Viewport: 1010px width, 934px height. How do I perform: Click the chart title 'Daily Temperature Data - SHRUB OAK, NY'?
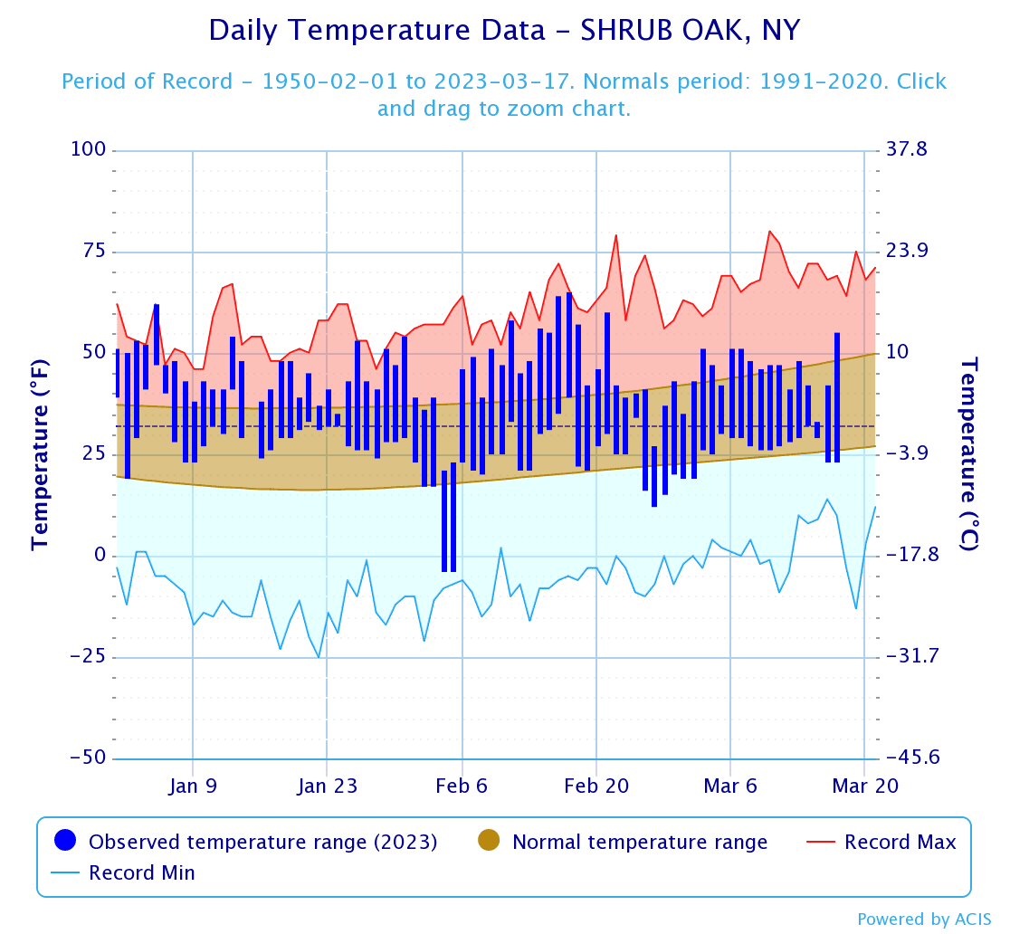tap(504, 31)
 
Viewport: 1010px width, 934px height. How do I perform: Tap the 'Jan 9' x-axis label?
tap(193, 786)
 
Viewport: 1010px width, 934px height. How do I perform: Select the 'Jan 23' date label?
tap(327, 786)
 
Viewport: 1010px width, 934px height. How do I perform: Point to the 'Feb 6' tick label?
tap(462, 786)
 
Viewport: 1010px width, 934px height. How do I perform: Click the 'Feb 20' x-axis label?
tap(596, 786)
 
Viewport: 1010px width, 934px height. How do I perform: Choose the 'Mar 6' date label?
tap(730, 786)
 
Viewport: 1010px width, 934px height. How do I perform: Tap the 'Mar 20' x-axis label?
tap(864, 786)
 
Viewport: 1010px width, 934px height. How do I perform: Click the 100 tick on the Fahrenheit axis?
tap(88, 149)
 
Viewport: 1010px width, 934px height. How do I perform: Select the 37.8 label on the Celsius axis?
tap(906, 149)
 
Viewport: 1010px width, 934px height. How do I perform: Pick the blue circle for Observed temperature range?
tap(64, 841)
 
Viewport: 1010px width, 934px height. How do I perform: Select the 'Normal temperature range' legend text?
tap(639, 842)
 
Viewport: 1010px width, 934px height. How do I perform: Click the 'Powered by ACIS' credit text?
tap(924, 920)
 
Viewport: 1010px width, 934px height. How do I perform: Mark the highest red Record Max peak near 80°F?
tap(769, 231)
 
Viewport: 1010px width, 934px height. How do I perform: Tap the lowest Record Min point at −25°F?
tap(319, 657)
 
